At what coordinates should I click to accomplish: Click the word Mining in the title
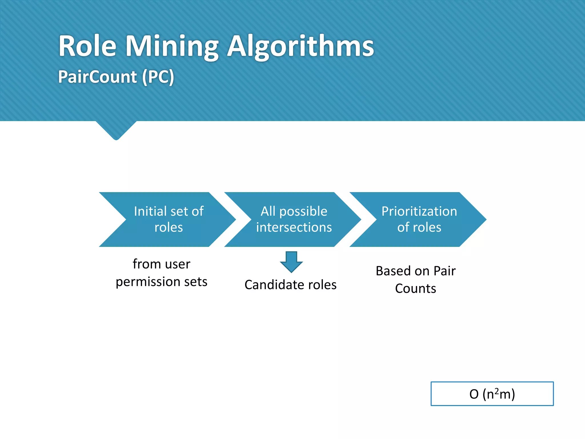[x=172, y=47]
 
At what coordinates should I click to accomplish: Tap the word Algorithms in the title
[x=300, y=47]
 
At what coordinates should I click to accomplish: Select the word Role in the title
[x=87, y=47]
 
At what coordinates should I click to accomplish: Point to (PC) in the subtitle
[x=158, y=77]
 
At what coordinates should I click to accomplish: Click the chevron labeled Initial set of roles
[x=169, y=219]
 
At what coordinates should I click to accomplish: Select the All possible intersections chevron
[x=294, y=219]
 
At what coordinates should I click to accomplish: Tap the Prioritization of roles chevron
[x=419, y=219]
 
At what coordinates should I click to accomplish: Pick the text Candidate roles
[x=291, y=285]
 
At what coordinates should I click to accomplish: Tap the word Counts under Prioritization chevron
[x=416, y=289]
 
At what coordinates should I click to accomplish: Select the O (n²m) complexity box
[x=492, y=394]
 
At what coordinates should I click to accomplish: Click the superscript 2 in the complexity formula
[x=497, y=390]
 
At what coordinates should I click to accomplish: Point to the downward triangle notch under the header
[x=116, y=130]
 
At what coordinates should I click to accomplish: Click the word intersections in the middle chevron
[x=294, y=228]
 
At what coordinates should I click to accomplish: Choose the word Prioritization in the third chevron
[x=419, y=211]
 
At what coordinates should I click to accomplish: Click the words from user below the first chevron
[x=161, y=264]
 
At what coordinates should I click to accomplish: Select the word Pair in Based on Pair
[x=444, y=271]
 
